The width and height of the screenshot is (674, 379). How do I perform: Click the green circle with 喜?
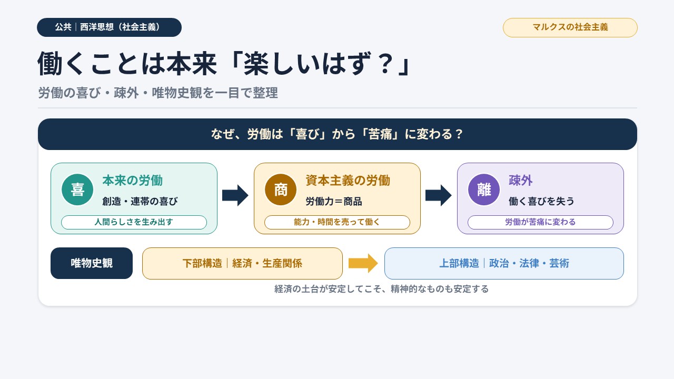tap(77, 189)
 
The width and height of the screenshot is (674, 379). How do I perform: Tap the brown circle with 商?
tap(281, 189)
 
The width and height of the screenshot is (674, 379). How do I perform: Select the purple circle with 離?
tap(484, 189)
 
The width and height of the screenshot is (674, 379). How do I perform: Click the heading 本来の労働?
tap(132, 181)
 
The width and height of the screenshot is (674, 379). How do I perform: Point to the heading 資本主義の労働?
tap(348, 181)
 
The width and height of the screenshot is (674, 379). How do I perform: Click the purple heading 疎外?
tap(521, 181)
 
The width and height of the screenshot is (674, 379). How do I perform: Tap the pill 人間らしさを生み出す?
tap(134, 222)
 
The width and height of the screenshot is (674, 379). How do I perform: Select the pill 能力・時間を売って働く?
tap(337, 222)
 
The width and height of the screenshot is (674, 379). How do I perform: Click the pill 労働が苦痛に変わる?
tap(540, 222)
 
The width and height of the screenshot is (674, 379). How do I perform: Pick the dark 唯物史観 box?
tap(92, 263)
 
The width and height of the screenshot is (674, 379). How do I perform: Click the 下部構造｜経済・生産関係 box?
tap(242, 264)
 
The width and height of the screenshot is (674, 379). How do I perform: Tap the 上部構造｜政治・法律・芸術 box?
tap(504, 264)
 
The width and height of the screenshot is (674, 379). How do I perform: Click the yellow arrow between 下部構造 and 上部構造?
tap(363, 263)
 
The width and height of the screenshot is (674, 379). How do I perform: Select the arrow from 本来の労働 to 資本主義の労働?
tap(235, 195)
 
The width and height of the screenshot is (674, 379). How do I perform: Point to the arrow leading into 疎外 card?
tap(439, 195)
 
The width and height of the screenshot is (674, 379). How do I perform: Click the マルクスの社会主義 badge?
tap(570, 27)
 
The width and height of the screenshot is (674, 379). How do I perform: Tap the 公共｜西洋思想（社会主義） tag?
tap(109, 27)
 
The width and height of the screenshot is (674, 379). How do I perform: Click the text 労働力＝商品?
tap(334, 201)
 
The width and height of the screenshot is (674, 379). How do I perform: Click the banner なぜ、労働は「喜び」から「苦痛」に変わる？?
tap(338, 134)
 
